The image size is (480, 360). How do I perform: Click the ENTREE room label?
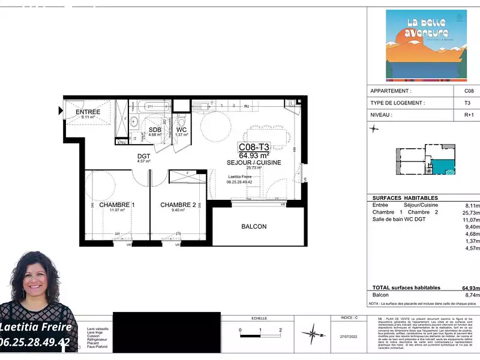[x=88, y=112]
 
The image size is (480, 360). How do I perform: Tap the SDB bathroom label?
[x=155, y=130]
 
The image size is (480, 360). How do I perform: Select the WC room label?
[x=182, y=130]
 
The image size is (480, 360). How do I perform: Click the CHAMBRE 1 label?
[x=117, y=205]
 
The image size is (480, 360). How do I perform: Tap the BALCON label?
[x=254, y=226]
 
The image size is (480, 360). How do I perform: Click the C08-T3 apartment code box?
[x=254, y=146]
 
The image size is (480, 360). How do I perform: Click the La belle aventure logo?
[x=426, y=45]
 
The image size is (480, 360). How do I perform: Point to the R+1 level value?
[x=469, y=114]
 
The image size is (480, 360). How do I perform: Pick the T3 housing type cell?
[x=469, y=103]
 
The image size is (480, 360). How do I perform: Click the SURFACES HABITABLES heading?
[x=405, y=198]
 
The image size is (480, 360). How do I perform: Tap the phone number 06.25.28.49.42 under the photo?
[x=36, y=343]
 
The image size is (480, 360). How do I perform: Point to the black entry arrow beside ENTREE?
[x=61, y=110]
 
